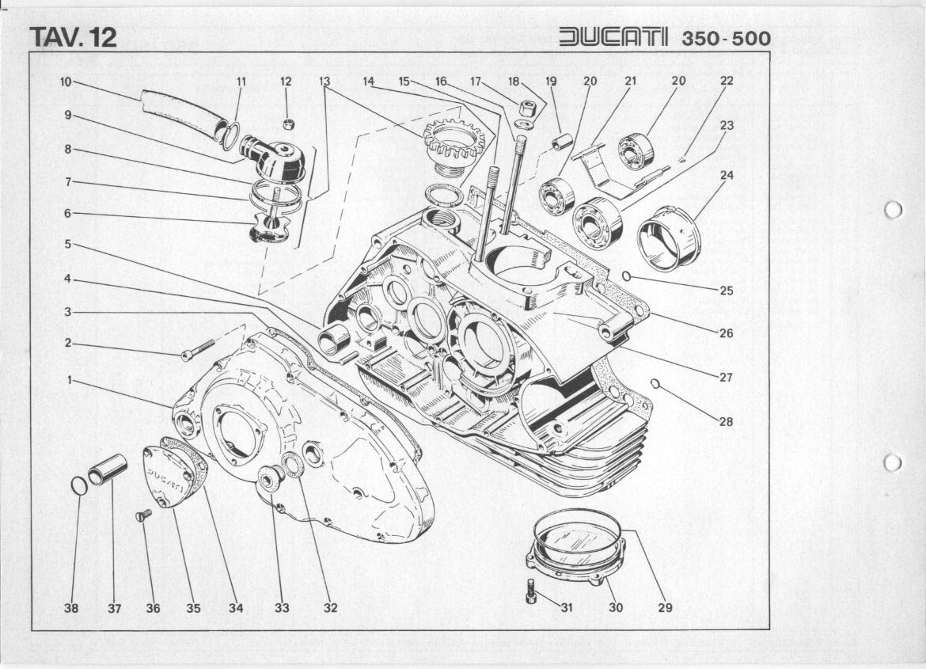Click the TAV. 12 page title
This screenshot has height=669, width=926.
point(73,37)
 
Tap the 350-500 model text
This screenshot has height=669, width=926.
point(726,39)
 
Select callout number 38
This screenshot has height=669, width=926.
point(72,608)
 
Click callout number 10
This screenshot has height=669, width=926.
point(66,81)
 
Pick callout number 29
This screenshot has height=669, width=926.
point(664,608)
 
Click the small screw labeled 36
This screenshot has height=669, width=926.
point(143,515)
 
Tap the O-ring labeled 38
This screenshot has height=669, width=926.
point(79,485)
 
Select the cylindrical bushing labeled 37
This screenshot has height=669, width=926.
point(108,469)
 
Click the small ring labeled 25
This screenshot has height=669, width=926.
point(626,276)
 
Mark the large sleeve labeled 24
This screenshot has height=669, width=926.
point(669,233)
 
